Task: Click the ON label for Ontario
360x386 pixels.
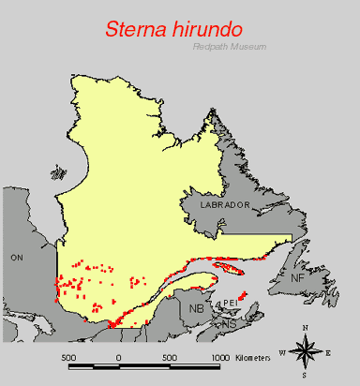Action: [16, 256]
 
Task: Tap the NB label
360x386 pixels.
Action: [197, 308]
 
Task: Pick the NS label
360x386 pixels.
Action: [229, 324]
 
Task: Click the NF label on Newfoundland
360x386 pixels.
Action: [297, 278]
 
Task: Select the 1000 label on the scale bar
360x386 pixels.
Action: [220, 357]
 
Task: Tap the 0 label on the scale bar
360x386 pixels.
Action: [118, 357]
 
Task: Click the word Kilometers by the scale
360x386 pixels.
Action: [254, 357]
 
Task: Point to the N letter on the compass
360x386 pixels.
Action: [306, 327]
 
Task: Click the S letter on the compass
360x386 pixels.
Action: [306, 374]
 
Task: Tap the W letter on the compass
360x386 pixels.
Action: [282, 351]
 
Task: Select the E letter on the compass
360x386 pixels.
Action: [328, 351]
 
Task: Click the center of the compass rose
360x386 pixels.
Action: [306, 351]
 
